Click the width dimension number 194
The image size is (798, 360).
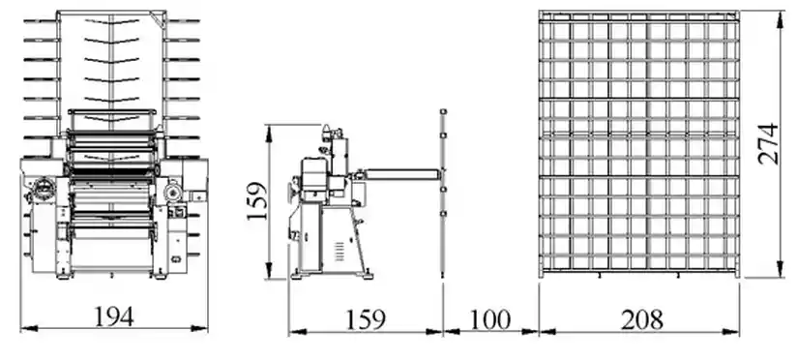coord(114,315)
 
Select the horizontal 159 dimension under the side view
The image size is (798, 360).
coord(366,317)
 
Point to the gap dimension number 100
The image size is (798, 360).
coord(490,317)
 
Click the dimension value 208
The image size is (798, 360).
coord(641,317)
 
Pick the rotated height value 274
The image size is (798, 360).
coord(767,143)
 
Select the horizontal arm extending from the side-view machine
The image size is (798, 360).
coord(401,175)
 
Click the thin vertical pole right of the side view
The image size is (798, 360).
coord(442,194)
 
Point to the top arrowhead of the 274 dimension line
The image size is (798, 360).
coord(781,15)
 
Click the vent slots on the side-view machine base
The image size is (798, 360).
coord(338,252)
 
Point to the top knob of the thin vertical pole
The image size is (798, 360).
coord(442,111)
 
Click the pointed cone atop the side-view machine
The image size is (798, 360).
coord(326,127)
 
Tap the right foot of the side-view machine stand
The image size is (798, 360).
coord(368,274)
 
